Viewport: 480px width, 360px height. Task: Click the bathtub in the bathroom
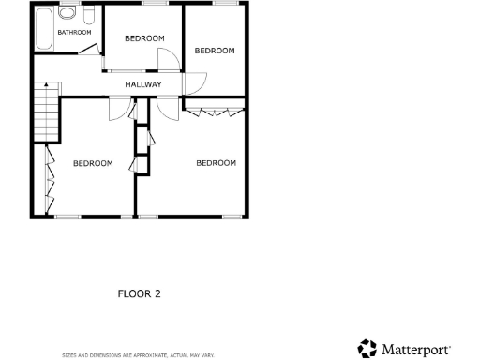[41, 28]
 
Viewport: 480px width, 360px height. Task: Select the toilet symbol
[87, 16]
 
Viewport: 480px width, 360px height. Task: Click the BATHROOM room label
[74, 33]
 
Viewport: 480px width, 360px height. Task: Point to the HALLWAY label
[143, 85]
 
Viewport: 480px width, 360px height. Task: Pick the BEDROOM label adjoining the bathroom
[144, 38]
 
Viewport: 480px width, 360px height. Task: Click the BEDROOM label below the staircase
[93, 163]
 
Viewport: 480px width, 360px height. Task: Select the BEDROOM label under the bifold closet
[216, 163]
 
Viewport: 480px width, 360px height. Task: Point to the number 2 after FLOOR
[157, 293]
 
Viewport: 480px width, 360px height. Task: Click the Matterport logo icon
[367, 349]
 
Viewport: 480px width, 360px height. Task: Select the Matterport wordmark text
[417, 349]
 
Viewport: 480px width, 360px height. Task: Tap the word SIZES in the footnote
[69, 355]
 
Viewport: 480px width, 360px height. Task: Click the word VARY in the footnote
[207, 355]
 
